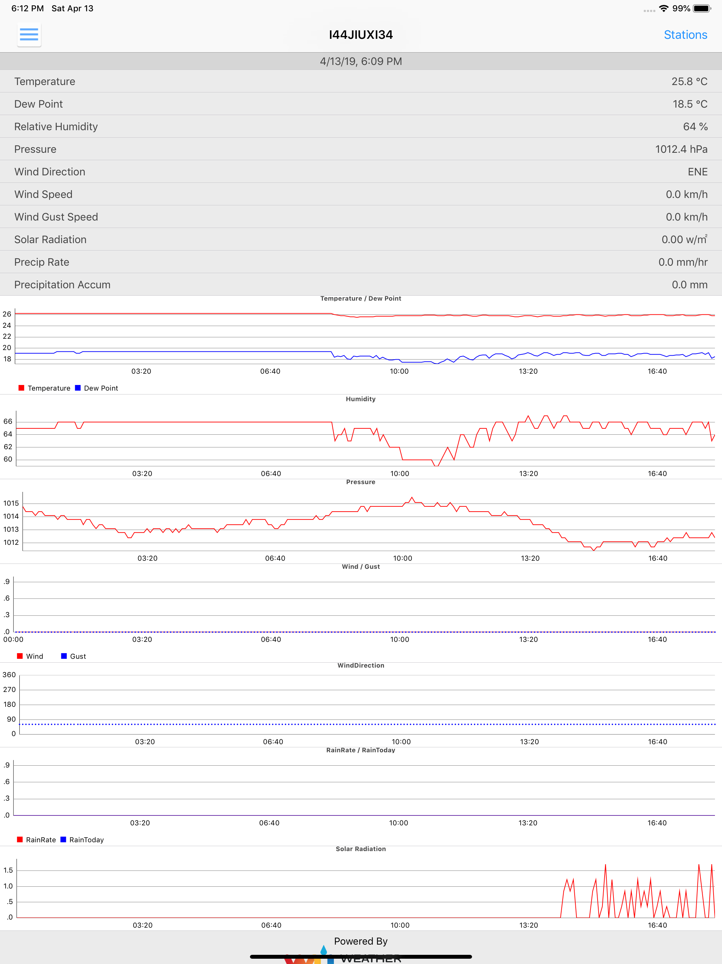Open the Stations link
685,35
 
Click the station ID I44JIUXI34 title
361,35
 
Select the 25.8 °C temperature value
689,82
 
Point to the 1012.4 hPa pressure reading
681,149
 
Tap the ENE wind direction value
698,172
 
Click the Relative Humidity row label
56,126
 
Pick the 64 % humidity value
696,126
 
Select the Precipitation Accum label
62,285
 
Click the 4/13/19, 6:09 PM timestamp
361,61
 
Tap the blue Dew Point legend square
78,388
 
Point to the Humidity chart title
361,399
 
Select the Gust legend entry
74,656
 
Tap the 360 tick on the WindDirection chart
9,675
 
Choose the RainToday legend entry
82,840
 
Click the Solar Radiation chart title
361,849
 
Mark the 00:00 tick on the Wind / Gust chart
13,639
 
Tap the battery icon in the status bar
702,8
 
